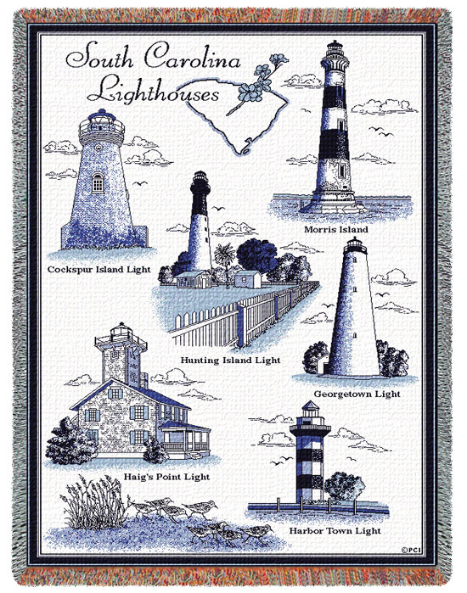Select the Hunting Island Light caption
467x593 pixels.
[230, 360]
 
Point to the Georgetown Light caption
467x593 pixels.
[357, 394]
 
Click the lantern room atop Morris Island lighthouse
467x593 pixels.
[332, 53]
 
